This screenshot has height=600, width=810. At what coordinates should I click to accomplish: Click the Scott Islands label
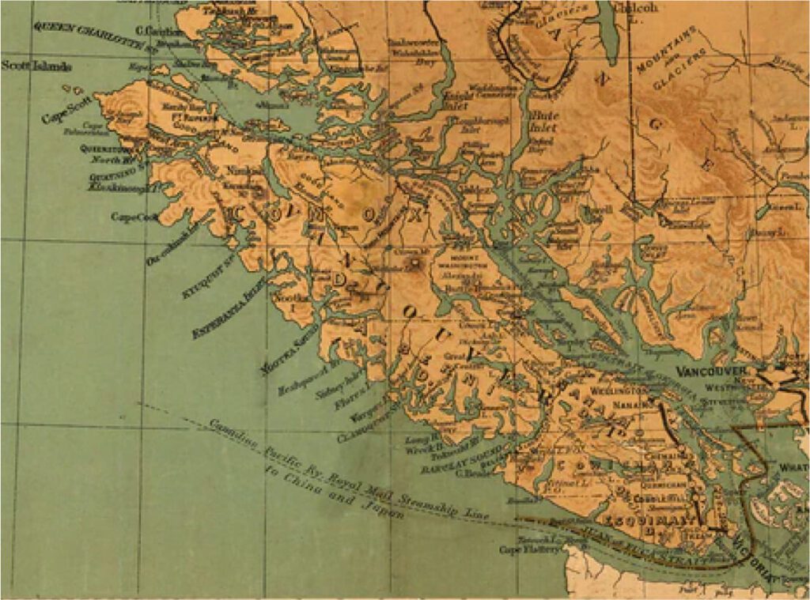(x=36, y=67)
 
